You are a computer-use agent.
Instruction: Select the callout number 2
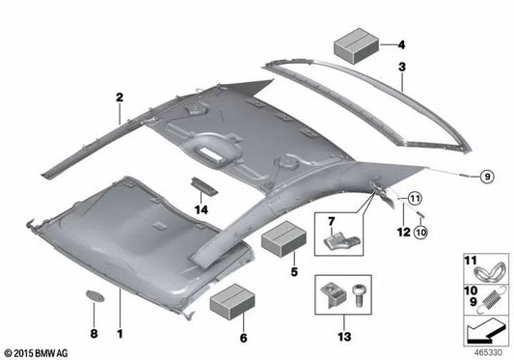click(x=121, y=97)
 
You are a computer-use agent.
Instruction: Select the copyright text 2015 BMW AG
click(x=39, y=351)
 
